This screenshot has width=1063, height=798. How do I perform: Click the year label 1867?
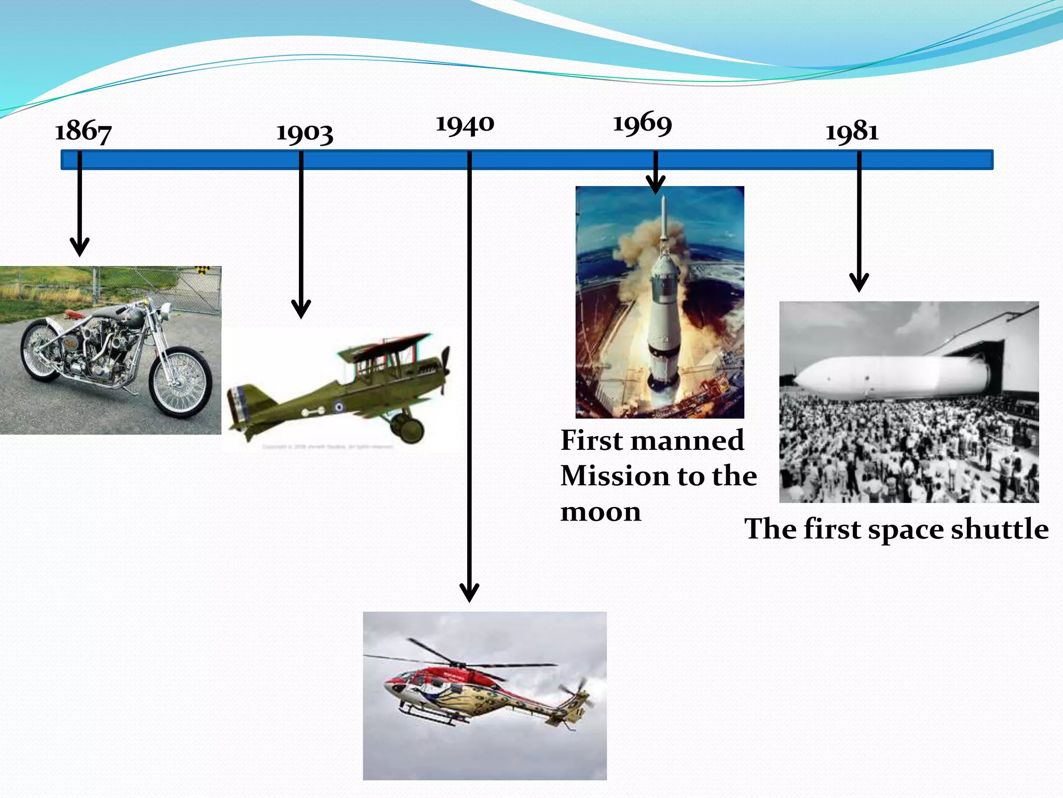pyautogui.click(x=83, y=131)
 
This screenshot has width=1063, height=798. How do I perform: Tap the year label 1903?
pyautogui.click(x=304, y=133)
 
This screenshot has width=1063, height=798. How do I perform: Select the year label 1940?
pyautogui.click(x=465, y=125)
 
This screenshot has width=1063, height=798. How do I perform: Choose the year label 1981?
pyautogui.click(x=852, y=131)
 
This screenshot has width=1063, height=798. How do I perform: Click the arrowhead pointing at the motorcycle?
pyautogui.click(x=79, y=248)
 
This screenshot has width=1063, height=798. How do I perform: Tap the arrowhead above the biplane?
pyautogui.click(x=301, y=310)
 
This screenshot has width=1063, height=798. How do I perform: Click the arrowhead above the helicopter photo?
pyautogui.click(x=469, y=593)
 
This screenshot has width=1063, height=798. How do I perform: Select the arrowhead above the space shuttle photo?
pyautogui.click(x=859, y=284)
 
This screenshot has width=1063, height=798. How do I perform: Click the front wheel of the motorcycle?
pyautogui.click(x=181, y=383)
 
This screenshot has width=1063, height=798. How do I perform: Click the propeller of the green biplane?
pyautogui.click(x=445, y=370)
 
